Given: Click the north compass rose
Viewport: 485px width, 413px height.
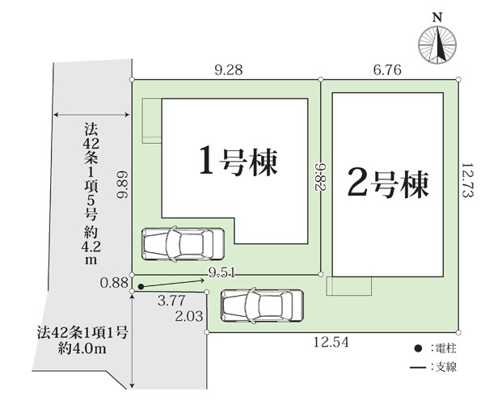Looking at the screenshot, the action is (x=437, y=45).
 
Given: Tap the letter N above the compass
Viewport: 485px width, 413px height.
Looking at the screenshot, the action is (x=436, y=18).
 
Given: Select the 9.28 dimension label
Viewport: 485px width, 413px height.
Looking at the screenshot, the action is (x=229, y=70).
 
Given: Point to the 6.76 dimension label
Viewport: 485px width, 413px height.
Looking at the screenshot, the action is (x=387, y=70).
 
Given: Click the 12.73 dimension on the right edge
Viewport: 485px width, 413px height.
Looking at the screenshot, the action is (x=467, y=181).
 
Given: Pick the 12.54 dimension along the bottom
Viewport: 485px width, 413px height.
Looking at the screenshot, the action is (x=331, y=342).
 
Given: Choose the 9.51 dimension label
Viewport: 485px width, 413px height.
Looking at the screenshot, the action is (x=221, y=272).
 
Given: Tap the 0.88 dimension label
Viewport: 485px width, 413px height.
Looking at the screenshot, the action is (x=114, y=283).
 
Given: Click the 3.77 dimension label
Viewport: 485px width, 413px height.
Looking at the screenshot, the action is (x=171, y=301).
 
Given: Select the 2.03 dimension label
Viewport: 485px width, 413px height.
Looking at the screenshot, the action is (x=189, y=316).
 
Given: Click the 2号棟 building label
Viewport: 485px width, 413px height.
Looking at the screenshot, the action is (x=388, y=183).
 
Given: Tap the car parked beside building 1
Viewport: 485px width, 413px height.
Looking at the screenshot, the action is (x=183, y=244).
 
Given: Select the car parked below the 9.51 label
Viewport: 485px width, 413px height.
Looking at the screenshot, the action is (x=262, y=306).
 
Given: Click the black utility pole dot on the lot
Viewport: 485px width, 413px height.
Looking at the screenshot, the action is (x=141, y=287).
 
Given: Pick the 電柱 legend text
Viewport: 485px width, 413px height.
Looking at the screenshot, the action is (x=446, y=348).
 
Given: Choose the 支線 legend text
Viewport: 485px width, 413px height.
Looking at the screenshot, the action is (x=446, y=367).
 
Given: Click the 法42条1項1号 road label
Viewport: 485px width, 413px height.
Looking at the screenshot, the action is (x=82, y=333).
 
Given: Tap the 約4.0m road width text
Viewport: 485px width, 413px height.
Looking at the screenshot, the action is (x=82, y=349).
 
